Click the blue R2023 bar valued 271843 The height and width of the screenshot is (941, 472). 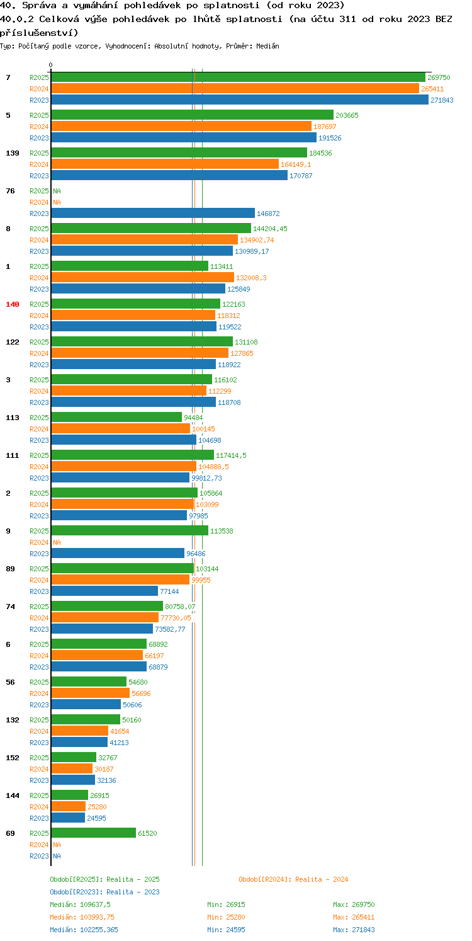[x=240, y=100]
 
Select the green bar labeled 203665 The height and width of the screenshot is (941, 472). [x=193, y=115]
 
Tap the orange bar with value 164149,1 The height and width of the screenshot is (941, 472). [x=165, y=164]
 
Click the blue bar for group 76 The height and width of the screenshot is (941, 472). [x=154, y=214]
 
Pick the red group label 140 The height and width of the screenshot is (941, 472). [x=13, y=304]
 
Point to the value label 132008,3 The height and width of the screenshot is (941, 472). [x=251, y=278]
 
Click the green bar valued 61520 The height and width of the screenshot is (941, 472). [x=94, y=833]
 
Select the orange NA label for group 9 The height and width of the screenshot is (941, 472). [x=57, y=542]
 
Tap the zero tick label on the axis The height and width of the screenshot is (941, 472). [x=50, y=65]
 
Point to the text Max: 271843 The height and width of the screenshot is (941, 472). [x=354, y=930]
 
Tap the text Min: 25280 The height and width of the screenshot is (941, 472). [x=226, y=917]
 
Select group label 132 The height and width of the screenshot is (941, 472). [x=13, y=720]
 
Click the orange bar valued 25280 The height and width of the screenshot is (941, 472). [x=69, y=807]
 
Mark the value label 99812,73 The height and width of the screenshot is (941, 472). [x=206, y=478]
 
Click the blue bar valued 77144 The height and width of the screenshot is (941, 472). [x=104, y=591]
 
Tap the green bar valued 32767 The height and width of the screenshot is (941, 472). [x=74, y=758]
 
